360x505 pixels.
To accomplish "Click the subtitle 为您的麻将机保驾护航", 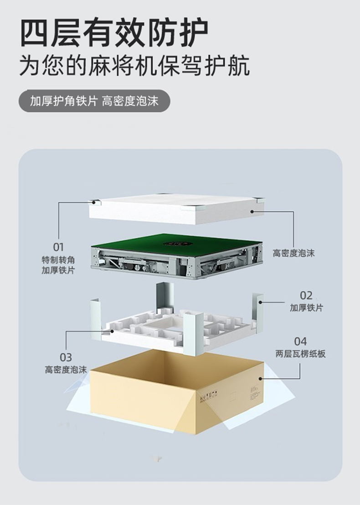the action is [134, 66].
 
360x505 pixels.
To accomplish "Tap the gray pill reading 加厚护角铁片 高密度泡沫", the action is [94, 101].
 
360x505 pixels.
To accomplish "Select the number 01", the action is [58, 247].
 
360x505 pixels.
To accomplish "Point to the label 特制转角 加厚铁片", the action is [58, 265].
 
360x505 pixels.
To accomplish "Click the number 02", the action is [306, 295].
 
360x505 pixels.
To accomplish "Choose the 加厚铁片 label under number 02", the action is [306, 308].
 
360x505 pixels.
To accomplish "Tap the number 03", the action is [66, 357].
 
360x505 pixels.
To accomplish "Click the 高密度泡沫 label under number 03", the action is [66, 369].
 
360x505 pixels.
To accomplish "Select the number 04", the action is [300, 341].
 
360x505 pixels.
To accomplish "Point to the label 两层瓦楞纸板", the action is [300, 353].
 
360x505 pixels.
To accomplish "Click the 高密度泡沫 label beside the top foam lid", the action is [293, 252].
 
